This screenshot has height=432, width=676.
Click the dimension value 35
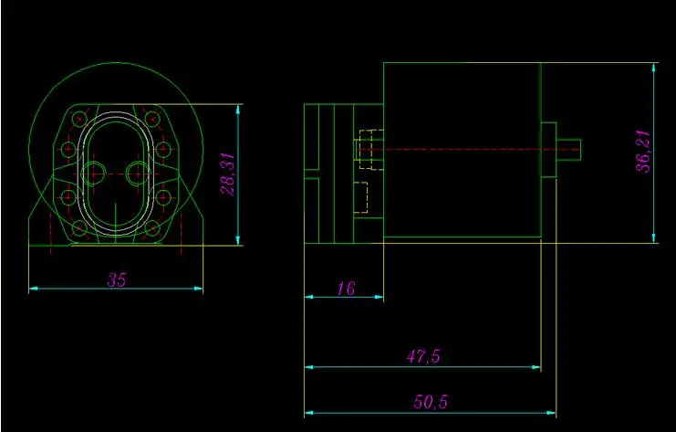[x=117, y=279]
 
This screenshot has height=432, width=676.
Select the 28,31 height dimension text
[x=228, y=174]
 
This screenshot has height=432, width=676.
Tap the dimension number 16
[x=346, y=289]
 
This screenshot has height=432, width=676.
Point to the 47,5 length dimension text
[x=423, y=356]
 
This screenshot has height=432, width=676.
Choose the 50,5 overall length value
[x=432, y=402]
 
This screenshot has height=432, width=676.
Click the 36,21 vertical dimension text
[x=644, y=152]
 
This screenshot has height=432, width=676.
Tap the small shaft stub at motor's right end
[x=568, y=150]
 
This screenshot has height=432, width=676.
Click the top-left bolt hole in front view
[x=79, y=118]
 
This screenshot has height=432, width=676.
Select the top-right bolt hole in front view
[x=152, y=118]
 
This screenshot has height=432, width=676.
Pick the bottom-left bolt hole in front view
[x=79, y=228]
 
